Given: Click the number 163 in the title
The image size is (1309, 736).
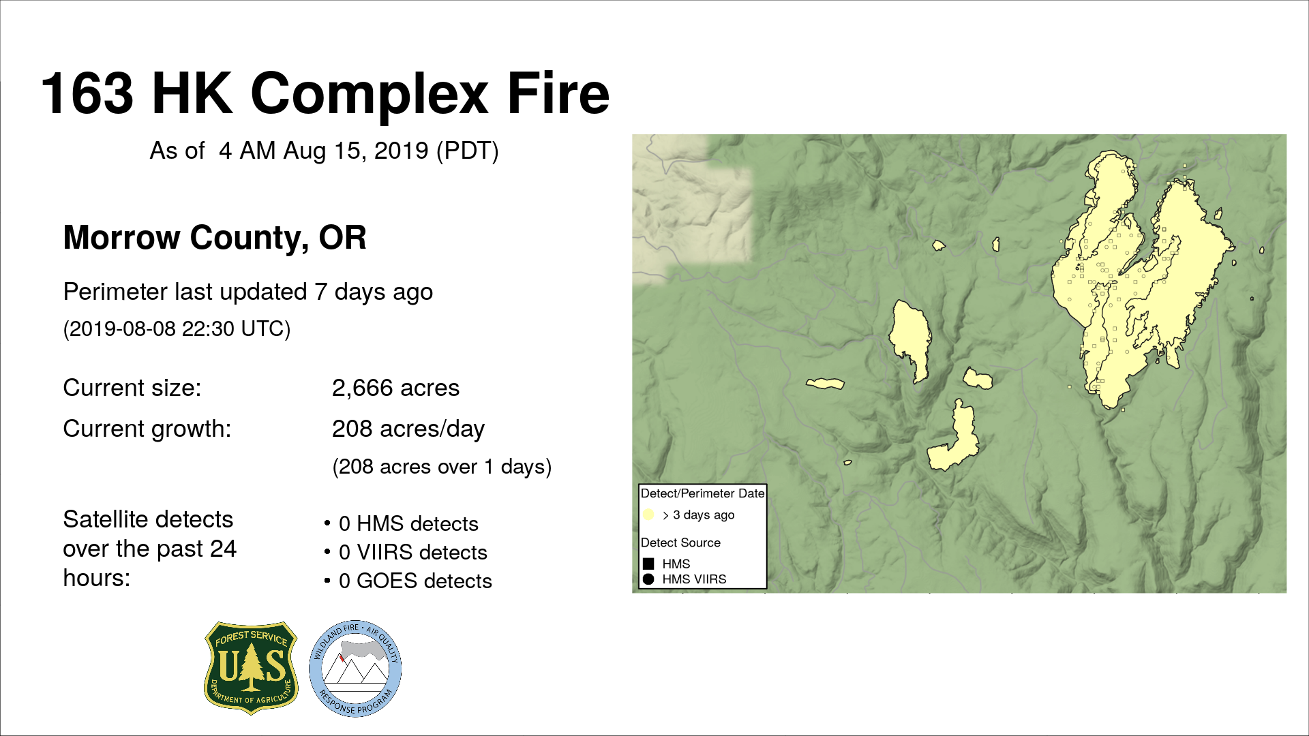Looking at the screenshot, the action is point(88,93).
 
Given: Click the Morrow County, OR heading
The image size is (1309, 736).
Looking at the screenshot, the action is point(215,238).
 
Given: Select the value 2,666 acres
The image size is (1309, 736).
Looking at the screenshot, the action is point(395,388).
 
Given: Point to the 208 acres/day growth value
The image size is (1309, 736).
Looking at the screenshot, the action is point(408,429).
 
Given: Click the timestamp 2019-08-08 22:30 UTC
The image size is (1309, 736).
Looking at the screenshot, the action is point(177,329).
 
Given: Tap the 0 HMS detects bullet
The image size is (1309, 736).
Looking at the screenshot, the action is point(402,523).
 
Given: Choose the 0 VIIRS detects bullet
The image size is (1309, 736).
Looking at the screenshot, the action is point(406,552).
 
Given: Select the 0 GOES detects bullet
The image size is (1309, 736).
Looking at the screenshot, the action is point(408,581).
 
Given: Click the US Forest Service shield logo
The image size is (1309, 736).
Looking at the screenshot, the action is point(251,667).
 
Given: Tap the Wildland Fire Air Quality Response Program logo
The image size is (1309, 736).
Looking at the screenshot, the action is point(355,669).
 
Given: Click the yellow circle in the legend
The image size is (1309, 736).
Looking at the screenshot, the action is point(648,515).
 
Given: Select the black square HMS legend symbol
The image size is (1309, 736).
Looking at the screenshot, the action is point(648,564).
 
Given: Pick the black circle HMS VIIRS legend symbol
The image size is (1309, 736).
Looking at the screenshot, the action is point(648,579).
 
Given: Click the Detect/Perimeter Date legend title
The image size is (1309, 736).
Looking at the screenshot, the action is point(702,493).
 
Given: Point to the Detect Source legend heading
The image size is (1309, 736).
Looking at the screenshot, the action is point(680,542).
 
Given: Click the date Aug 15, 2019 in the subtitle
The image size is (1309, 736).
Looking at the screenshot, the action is point(356,151).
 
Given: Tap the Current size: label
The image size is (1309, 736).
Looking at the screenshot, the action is point(132,388).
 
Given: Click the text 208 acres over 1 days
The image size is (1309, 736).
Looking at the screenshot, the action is point(441,467).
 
